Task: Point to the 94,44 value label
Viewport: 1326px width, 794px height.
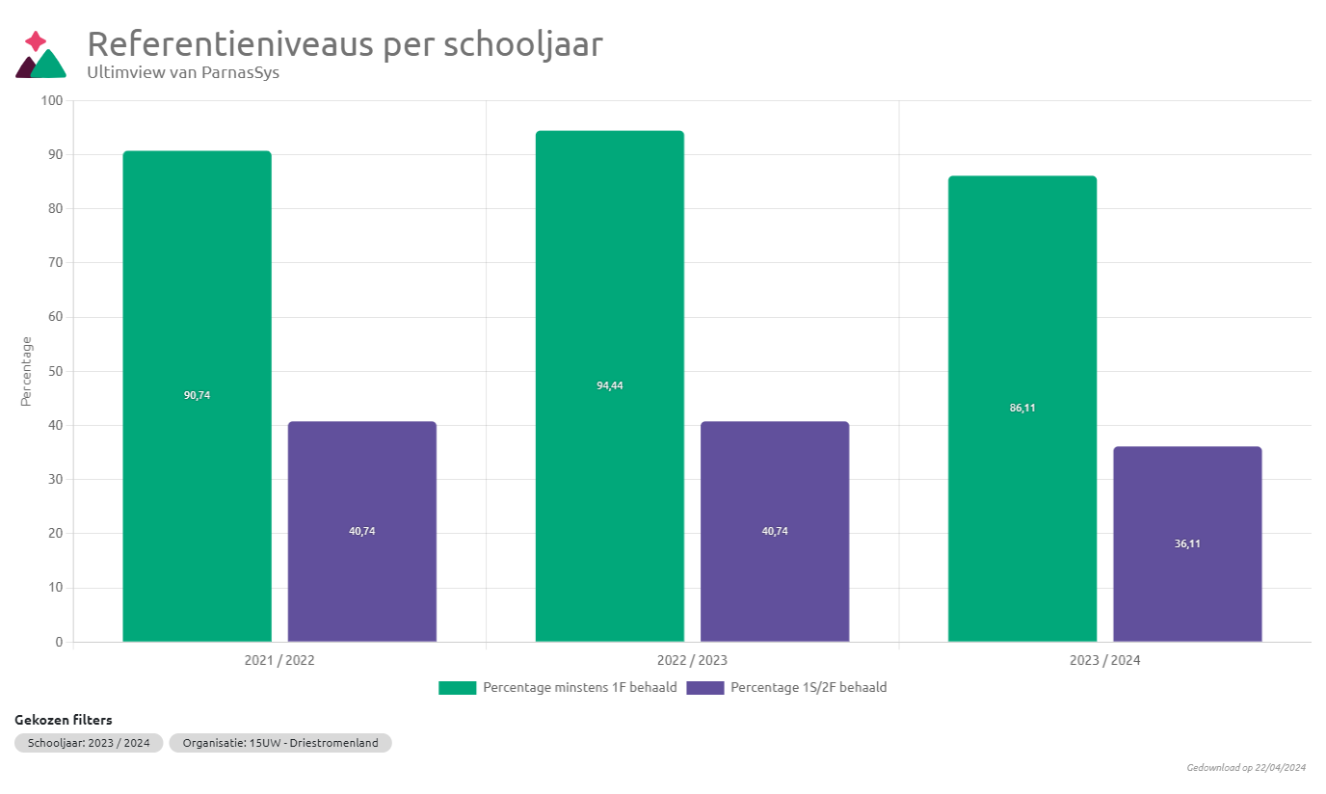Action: click(x=609, y=385)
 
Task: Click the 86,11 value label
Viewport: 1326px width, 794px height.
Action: click(x=1022, y=408)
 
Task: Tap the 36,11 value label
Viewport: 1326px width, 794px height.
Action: click(x=1187, y=543)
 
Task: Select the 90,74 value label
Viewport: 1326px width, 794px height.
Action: click(x=197, y=395)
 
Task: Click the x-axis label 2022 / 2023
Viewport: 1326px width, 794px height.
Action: click(x=692, y=661)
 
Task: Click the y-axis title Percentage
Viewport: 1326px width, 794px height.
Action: click(x=27, y=371)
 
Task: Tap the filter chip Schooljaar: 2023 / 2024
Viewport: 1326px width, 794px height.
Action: click(x=89, y=743)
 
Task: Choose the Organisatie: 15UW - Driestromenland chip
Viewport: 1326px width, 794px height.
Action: click(x=279, y=743)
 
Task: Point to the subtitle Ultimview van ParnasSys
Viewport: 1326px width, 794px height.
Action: click(x=183, y=71)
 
